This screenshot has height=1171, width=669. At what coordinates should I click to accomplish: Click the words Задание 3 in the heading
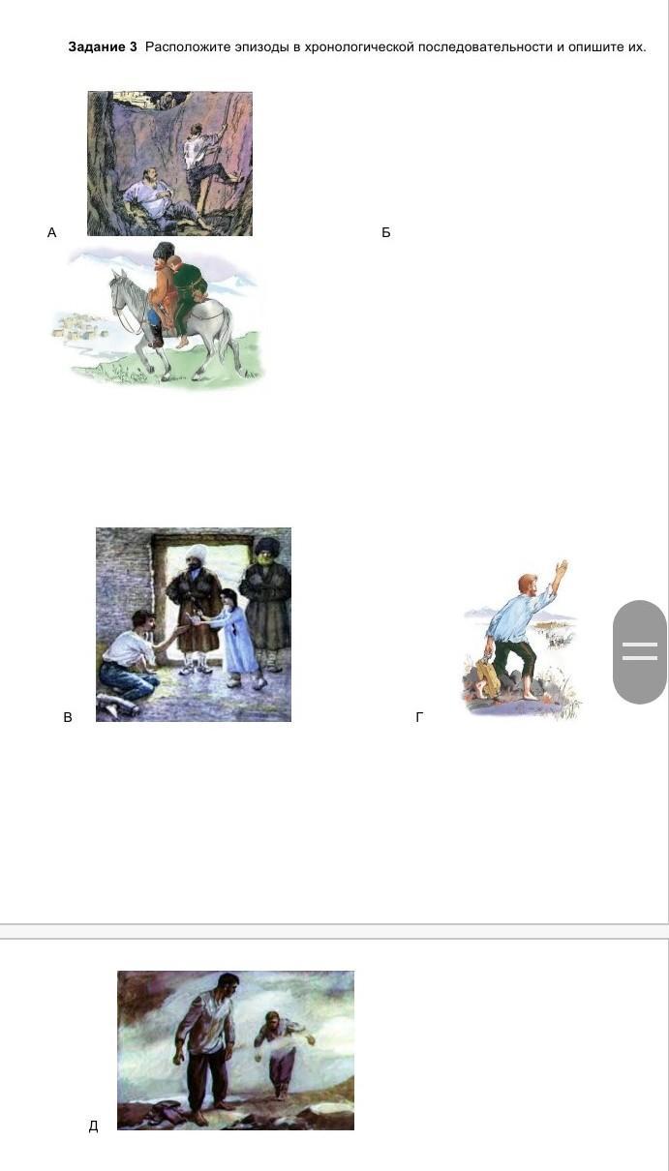[x=103, y=47]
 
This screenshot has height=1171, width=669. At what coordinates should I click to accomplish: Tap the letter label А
[x=51, y=232]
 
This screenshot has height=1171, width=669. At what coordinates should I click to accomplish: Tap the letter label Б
[x=386, y=232]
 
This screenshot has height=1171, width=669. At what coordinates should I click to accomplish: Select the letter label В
[x=68, y=717]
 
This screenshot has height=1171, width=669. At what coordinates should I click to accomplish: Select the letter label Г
[x=419, y=717]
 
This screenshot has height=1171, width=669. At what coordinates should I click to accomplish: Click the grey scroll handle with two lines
[x=640, y=652]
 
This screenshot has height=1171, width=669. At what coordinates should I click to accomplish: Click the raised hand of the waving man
[x=561, y=568]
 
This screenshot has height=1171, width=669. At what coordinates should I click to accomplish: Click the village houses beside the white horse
[x=79, y=327]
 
